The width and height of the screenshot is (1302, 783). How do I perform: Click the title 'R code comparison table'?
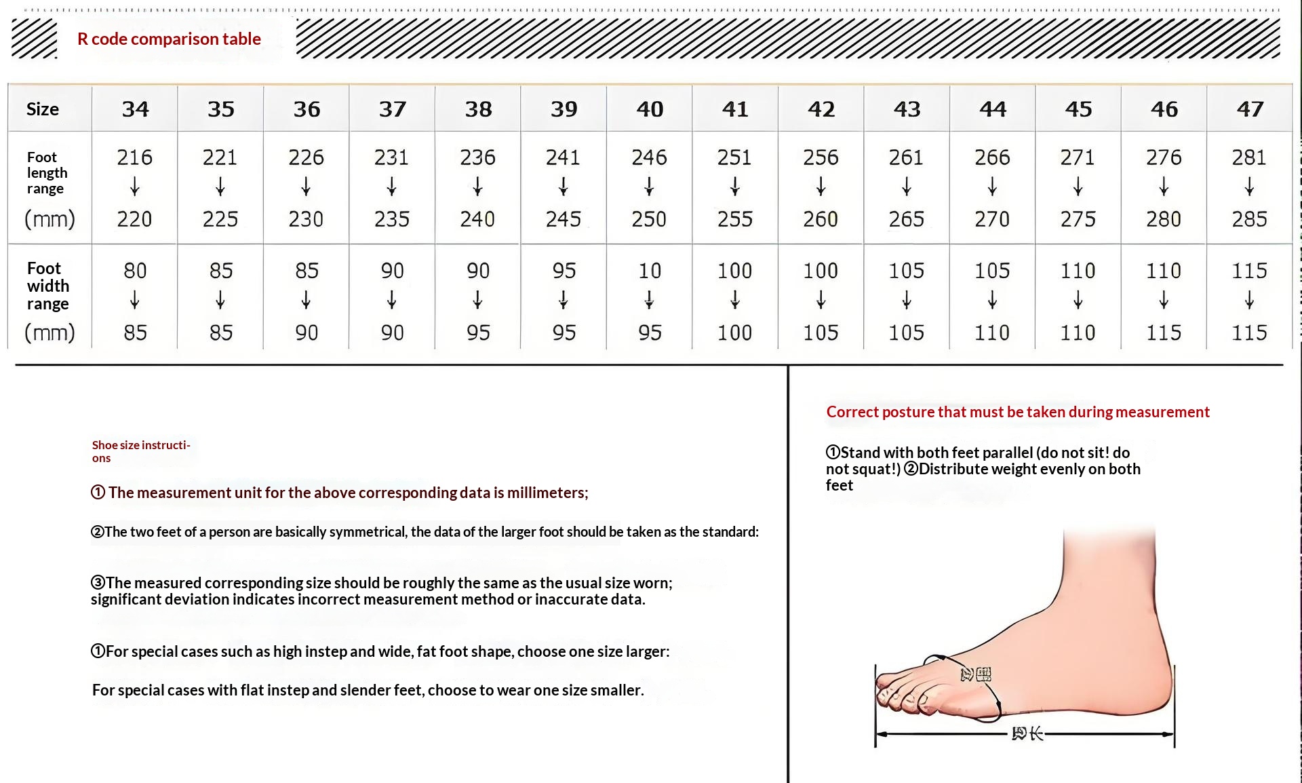[169, 39]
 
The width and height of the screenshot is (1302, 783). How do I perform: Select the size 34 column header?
[135, 109]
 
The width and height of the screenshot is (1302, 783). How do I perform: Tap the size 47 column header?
[1250, 109]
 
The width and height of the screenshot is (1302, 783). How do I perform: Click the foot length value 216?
[134, 157]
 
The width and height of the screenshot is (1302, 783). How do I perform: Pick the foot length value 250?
[649, 219]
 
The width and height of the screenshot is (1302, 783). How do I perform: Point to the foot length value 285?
[1249, 219]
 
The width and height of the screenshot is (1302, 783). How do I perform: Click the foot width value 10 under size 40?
[650, 271]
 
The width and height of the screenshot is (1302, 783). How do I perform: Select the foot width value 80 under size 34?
[135, 271]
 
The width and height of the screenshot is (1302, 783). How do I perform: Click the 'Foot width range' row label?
[47, 286]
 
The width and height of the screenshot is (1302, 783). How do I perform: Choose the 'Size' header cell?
[43, 109]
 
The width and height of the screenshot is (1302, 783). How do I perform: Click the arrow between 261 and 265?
[907, 187]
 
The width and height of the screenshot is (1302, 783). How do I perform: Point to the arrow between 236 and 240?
[477, 187]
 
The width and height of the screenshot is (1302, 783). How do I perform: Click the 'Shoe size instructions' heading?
[140, 451]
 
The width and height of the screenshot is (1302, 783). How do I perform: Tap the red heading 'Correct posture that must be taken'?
[1017, 412]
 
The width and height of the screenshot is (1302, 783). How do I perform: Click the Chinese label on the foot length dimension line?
[1027, 733]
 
